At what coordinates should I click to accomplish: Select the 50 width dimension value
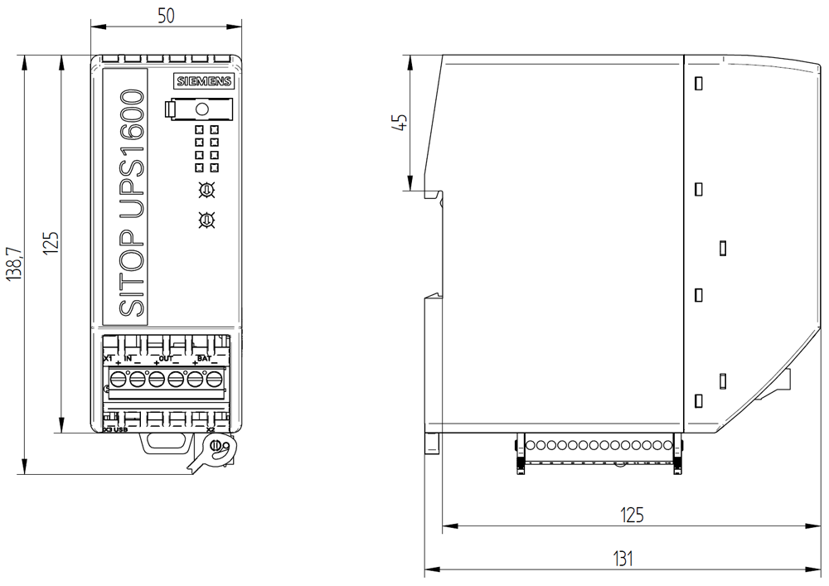click(x=166, y=16)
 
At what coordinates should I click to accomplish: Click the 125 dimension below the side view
click(x=632, y=515)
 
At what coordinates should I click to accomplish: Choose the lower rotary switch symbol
click(x=206, y=220)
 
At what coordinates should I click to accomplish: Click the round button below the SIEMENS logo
click(x=201, y=109)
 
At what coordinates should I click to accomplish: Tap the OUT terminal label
click(x=165, y=358)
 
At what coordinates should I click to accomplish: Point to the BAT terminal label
click(x=204, y=358)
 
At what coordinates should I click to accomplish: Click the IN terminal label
click(x=128, y=358)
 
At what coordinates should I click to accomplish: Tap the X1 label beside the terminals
click(x=107, y=358)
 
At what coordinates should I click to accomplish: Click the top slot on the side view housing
click(x=698, y=83)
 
